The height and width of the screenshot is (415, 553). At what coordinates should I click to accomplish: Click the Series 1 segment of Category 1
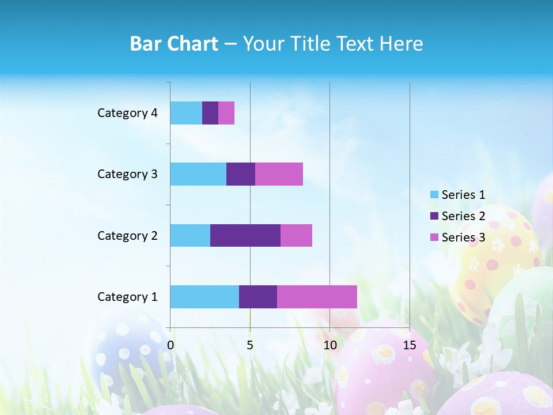[204, 296]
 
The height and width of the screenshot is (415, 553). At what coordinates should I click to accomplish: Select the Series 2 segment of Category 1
[258, 296]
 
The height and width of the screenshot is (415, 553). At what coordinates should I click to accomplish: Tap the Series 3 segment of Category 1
[317, 296]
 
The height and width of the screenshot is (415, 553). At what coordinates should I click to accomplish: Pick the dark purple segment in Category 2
[245, 235]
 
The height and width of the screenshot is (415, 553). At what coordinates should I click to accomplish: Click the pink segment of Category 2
[296, 235]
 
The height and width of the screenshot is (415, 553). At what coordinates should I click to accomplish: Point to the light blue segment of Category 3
[198, 174]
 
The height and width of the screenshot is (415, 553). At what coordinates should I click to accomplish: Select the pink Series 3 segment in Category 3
[279, 174]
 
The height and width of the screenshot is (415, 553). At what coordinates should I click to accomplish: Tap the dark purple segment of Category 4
[210, 113]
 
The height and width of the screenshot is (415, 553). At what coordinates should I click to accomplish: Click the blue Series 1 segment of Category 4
[186, 113]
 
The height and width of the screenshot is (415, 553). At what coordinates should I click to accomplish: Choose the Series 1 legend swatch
[434, 195]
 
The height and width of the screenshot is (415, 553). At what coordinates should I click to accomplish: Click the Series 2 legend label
[463, 216]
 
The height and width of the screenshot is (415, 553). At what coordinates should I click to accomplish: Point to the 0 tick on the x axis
[171, 345]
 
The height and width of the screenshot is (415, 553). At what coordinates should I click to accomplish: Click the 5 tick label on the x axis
[250, 345]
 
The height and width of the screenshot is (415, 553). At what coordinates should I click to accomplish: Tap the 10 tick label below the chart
[329, 345]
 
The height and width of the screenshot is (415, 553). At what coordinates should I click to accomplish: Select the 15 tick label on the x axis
[409, 345]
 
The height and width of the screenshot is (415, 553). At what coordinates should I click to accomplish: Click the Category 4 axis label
[127, 113]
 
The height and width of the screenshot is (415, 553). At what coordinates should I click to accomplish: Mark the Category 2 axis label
[127, 235]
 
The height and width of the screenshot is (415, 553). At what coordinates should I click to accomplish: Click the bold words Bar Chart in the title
[174, 44]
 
